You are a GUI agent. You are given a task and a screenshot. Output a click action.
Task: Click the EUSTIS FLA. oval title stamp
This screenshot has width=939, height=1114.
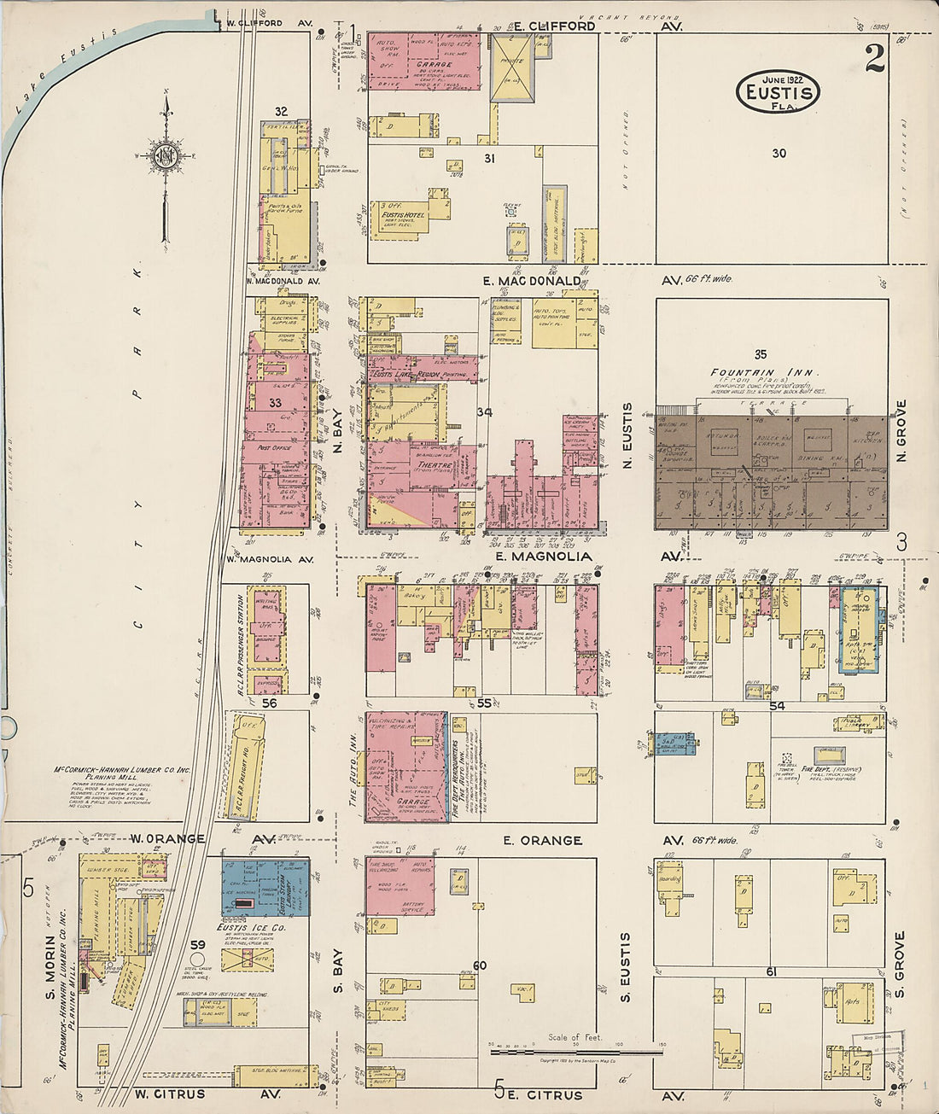778,91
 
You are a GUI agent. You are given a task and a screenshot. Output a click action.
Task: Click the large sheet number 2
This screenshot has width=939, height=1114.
874,59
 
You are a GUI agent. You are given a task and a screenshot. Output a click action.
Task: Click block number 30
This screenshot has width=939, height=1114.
779,154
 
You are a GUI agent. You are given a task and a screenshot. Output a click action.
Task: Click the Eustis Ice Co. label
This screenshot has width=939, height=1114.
251,927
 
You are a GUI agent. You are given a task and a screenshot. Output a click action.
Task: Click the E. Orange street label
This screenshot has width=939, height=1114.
542,841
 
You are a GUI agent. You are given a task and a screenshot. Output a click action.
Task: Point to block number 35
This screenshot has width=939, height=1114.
761,353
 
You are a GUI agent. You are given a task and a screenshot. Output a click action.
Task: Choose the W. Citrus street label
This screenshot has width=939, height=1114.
169,1094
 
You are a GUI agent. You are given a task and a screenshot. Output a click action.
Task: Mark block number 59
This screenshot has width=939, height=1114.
198,945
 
